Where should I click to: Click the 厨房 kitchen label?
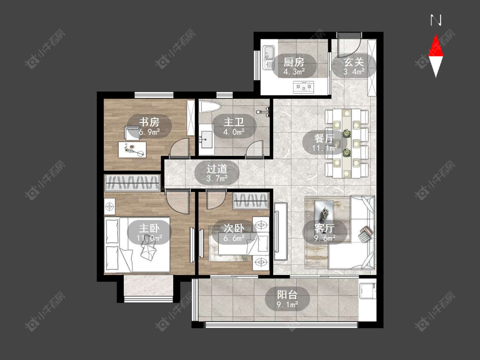click(x=294, y=62)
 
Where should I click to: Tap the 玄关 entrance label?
click(x=354, y=62)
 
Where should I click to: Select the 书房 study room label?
click(x=149, y=122)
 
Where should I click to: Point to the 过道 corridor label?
click(x=217, y=168)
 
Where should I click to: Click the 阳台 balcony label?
click(x=287, y=295)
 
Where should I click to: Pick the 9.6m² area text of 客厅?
click(x=325, y=238)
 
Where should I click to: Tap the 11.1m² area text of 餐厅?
click(x=325, y=148)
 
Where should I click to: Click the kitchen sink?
click(x=269, y=58)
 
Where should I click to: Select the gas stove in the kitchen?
click(x=304, y=87)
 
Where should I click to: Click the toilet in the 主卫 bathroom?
click(x=210, y=107)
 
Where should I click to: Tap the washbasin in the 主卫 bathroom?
click(x=206, y=140)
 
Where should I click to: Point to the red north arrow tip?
click(x=436, y=35)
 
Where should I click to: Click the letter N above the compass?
click(x=436, y=20)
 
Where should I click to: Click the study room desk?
click(x=132, y=150)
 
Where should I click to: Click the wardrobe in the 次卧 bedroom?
click(x=251, y=201)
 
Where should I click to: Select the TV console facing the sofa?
click(x=281, y=231)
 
